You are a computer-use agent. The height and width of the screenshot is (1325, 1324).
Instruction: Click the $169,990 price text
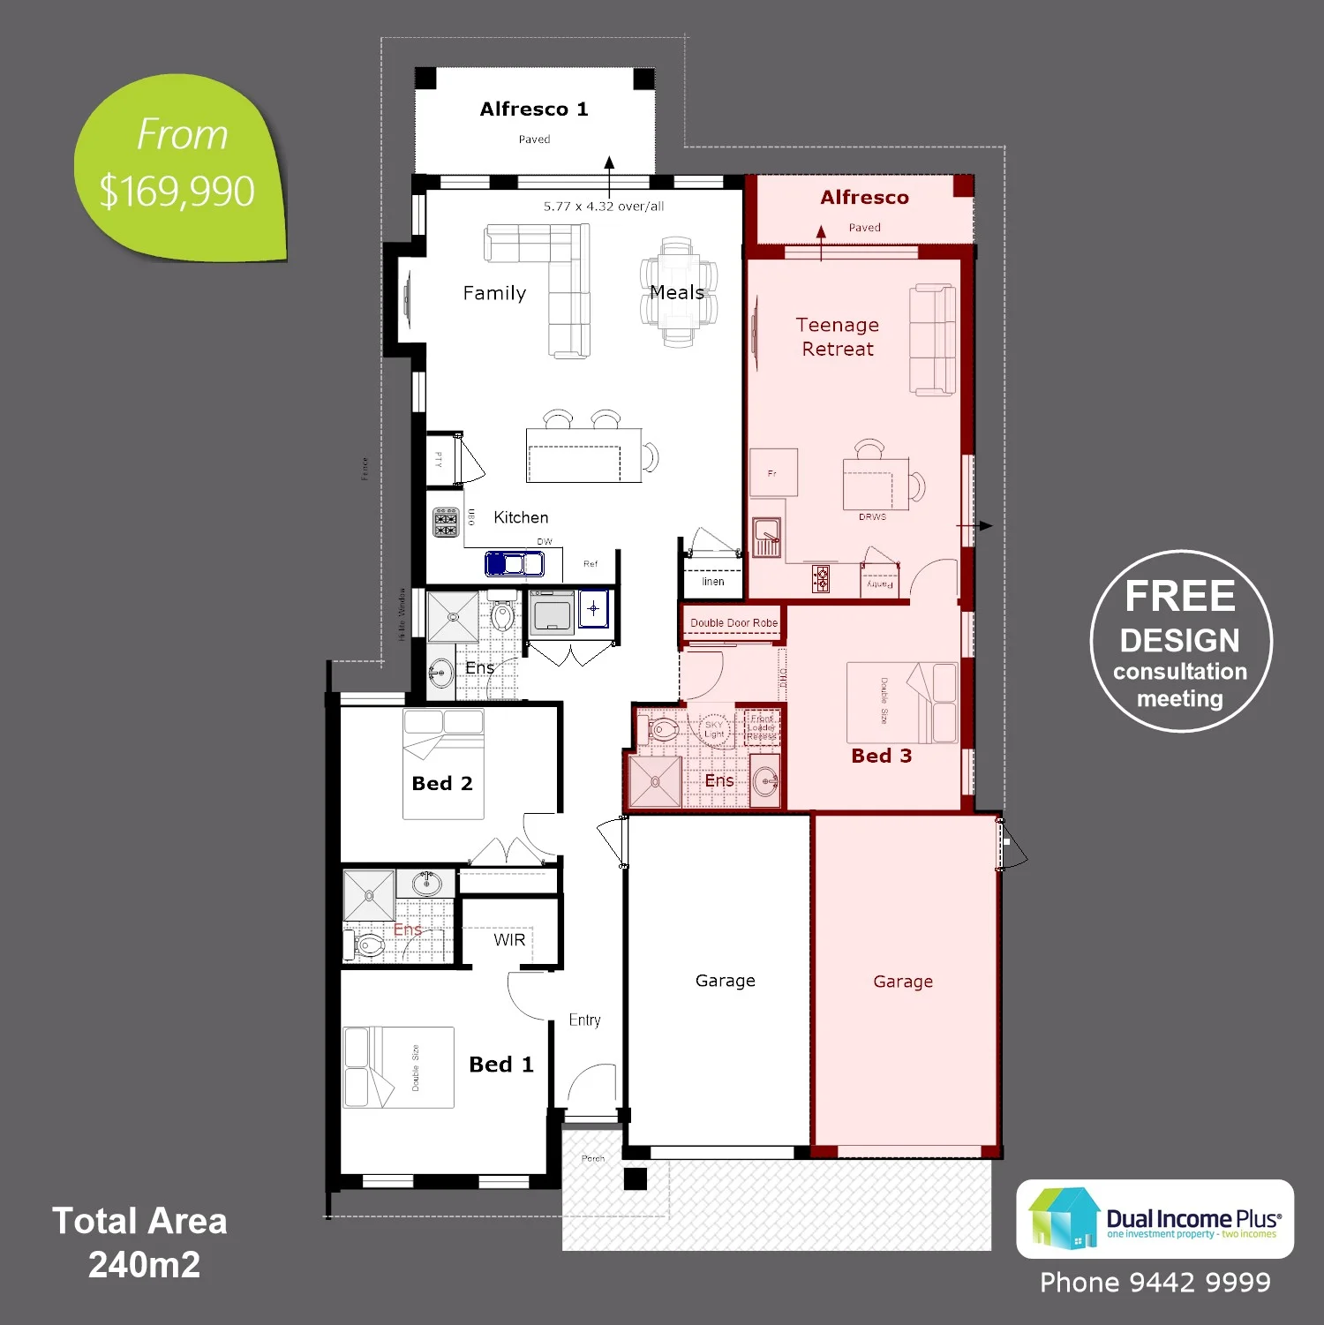tap(177, 192)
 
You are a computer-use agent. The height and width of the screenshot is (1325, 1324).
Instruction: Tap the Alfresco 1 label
tap(533, 109)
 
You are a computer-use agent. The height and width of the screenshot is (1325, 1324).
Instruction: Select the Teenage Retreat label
tap(837, 336)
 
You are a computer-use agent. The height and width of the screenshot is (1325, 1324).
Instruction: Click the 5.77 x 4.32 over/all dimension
tap(604, 207)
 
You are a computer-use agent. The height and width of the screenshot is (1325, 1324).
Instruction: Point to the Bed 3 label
tap(881, 756)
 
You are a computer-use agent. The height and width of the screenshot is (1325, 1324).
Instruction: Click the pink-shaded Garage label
tap(902, 982)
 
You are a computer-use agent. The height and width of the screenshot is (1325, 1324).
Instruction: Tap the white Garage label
tap(725, 981)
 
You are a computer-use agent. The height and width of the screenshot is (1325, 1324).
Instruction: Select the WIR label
tap(509, 940)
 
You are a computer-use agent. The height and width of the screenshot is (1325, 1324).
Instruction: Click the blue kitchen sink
tap(515, 562)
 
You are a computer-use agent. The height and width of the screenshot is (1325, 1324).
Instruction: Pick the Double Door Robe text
tap(733, 623)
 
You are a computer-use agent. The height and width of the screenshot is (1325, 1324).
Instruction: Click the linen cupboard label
tap(712, 582)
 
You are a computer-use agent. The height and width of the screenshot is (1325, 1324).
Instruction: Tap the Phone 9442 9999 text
tap(1155, 1283)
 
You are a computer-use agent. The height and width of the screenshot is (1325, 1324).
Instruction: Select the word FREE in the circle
tap(1179, 597)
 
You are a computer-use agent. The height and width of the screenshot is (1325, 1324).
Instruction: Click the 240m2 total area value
tap(144, 1265)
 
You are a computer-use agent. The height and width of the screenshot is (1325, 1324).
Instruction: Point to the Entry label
tap(584, 1020)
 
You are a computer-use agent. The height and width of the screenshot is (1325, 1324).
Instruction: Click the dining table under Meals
tap(678, 293)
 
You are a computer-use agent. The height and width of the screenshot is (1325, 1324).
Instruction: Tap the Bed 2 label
tap(442, 784)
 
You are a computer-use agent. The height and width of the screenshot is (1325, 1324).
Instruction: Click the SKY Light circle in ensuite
tap(714, 729)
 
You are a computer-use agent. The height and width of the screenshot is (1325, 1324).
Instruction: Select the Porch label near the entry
tap(592, 1158)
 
